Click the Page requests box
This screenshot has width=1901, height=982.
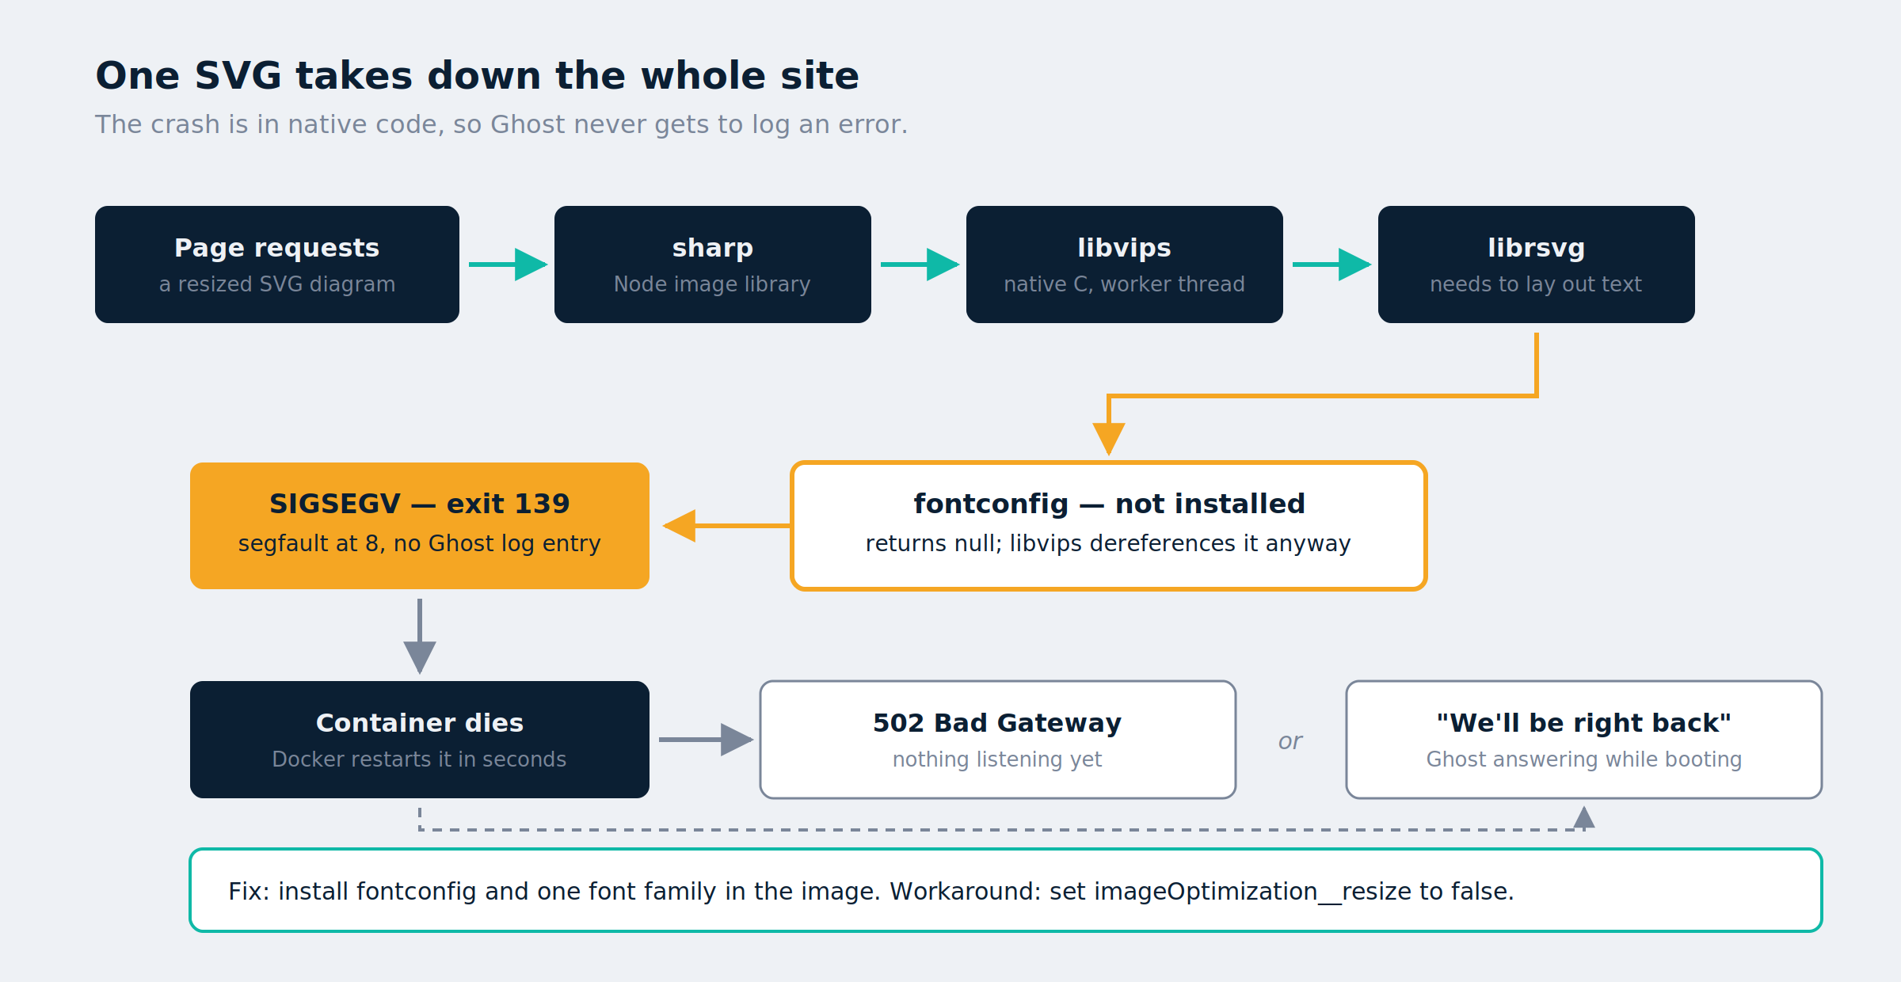(277, 265)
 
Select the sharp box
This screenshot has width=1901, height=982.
(713, 265)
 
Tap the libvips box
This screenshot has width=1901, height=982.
(1125, 265)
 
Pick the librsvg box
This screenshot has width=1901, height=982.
(1537, 265)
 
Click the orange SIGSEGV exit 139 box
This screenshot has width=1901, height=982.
(420, 526)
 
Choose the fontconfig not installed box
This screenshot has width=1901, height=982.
(1109, 526)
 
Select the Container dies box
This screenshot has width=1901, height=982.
(420, 740)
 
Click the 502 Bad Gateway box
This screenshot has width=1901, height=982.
(998, 740)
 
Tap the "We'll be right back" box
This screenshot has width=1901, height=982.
(1584, 740)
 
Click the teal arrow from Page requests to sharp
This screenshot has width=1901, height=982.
(508, 265)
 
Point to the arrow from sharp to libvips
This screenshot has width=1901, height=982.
(920, 265)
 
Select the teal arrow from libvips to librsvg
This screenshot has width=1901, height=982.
(1331, 265)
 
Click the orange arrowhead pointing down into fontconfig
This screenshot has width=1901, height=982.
(1109, 437)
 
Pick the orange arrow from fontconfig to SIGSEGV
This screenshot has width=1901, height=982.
(726, 526)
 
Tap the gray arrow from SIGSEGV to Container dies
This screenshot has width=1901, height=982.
(420, 637)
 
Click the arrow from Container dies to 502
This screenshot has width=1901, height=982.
(706, 740)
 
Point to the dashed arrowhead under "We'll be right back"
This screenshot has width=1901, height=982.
(1584, 817)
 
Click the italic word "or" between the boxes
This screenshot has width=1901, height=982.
(1290, 742)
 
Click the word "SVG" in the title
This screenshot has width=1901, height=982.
(238, 76)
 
